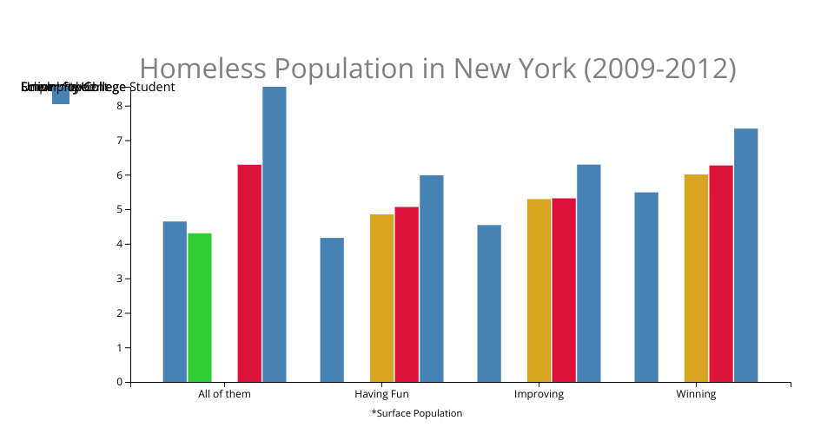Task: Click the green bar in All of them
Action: pos(200,307)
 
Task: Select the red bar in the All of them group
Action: pos(249,273)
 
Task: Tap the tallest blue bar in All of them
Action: pos(275,233)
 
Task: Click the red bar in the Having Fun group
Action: pos(407,294)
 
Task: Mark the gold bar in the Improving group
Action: pos(539,290)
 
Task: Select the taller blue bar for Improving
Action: pos(588,273)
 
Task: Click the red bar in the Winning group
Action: pos(721,273)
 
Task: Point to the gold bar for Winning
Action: pos(696,278)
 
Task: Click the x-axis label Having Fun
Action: pos(381,394)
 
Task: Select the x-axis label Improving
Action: pos(539,394)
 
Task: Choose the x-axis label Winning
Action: pos(696,394)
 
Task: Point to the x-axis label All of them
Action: pos(224,394)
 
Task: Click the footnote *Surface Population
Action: pos(416,413)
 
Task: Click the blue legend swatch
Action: pos(61,95)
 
